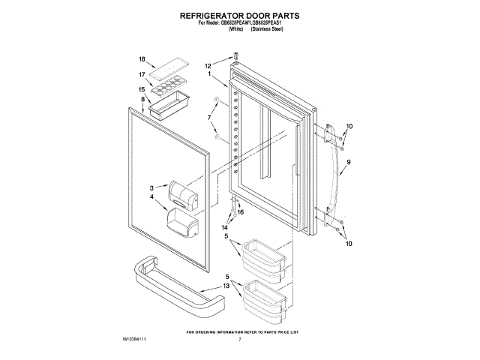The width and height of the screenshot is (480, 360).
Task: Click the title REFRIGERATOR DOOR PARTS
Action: tap(240, 15)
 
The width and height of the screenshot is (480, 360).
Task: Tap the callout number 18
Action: tap(142, 58)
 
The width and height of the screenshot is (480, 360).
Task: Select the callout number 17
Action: tap(142, 75)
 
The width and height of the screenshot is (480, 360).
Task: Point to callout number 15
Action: tap(142, 89)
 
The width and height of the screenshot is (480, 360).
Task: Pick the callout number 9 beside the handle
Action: tap(349, 161)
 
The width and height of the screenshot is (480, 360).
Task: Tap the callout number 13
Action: tap(226, 286)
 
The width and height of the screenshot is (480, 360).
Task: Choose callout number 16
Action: tap(241, 212)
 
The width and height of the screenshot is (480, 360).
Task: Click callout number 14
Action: tap(224, 226)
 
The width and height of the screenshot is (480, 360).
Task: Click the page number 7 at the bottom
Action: tap(239, 340)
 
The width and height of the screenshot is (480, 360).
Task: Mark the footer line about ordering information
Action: tap(242, 331)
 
